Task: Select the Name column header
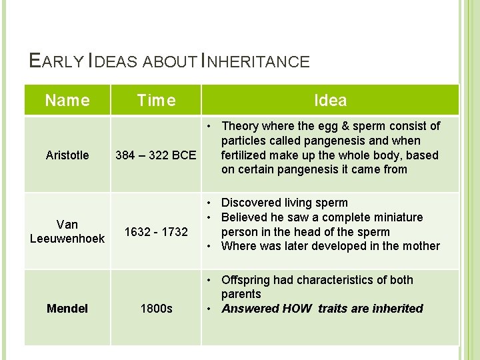[67, 101]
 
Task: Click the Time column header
[156, 101]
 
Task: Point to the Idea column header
[330, 101]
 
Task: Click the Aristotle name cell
[67, 155]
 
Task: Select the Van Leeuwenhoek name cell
[67, 231]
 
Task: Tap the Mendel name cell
[67, 309]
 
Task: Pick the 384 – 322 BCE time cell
[156, 156]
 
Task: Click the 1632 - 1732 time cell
[156, 232]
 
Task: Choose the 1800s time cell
[156, 309]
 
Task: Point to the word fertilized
[246, 155]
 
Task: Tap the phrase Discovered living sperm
[285, 203]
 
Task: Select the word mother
[421, 246]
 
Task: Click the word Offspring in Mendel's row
[247, 280]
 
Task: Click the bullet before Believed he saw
[209, 217]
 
